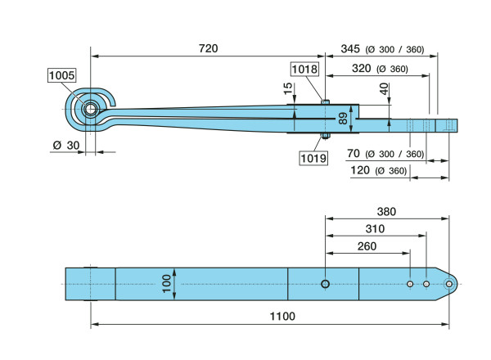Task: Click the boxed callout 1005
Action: tap(62, 75)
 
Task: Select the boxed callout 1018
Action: tap(305, 69)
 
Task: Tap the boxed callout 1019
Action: tap(313, 158)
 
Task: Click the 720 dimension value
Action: tap(208, 48)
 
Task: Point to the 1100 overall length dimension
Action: tap(282, 316)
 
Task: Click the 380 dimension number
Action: tap(386, 212)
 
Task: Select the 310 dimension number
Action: tap(375, 229)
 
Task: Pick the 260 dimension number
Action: tap(367, 246)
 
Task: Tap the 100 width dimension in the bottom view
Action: tap(167, 284)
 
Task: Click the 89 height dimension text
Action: tap(343, 119)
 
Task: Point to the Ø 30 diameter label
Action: tap(66, 146)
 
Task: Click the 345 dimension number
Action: tap(350, 49)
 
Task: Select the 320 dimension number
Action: tap(362, 68)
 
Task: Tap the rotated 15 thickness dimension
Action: tap(288, 88)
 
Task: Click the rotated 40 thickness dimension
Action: tap(385, 89)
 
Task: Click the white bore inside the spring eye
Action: tap(91, 110)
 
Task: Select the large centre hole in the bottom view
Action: tap(326, 284)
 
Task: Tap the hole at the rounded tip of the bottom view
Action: tap(449, 284)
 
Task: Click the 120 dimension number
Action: tap(360, 170)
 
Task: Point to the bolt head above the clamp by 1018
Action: tap(326, 101)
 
